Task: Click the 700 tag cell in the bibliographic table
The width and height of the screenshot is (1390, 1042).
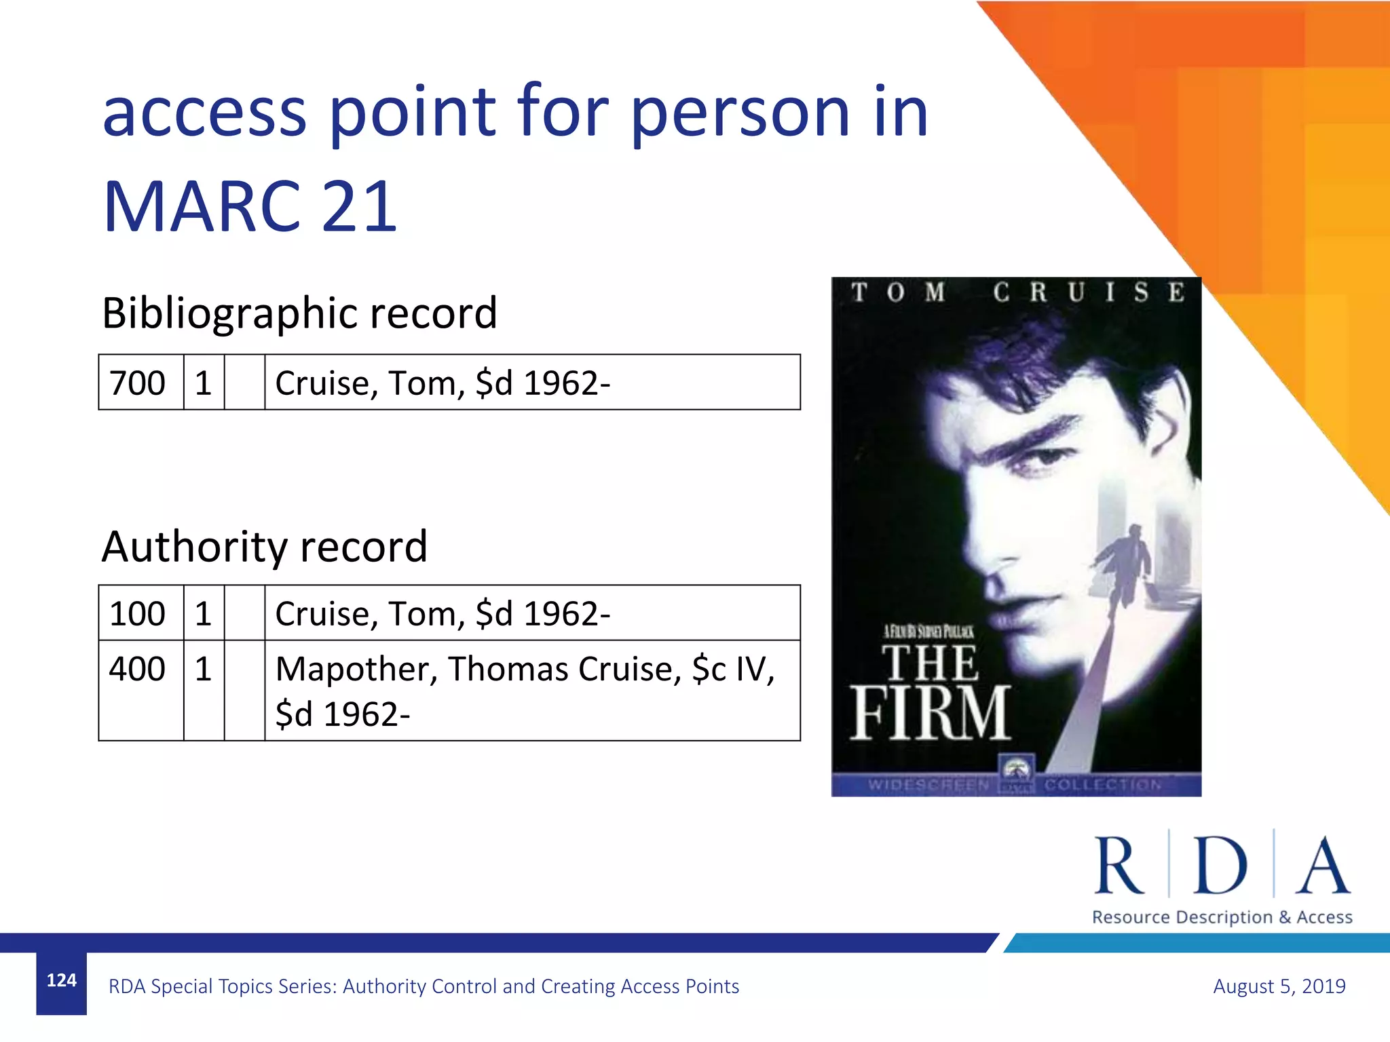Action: [137, 383]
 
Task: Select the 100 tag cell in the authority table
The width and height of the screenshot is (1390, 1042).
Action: [137, 614]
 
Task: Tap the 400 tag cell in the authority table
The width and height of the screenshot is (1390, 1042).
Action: [137, 670]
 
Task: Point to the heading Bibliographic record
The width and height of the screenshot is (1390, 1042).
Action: [299, 313]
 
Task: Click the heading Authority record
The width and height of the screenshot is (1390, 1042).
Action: [264, 547]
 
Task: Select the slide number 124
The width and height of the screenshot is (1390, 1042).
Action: [61, 980]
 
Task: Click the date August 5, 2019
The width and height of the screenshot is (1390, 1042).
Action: [1279, 986]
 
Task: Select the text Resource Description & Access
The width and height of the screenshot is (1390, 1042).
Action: [1222, 917]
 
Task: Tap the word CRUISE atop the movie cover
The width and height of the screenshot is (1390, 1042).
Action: [1089, 292]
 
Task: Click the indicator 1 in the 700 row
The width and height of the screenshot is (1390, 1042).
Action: [203, 383]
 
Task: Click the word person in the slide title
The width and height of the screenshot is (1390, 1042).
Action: [740, 113]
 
